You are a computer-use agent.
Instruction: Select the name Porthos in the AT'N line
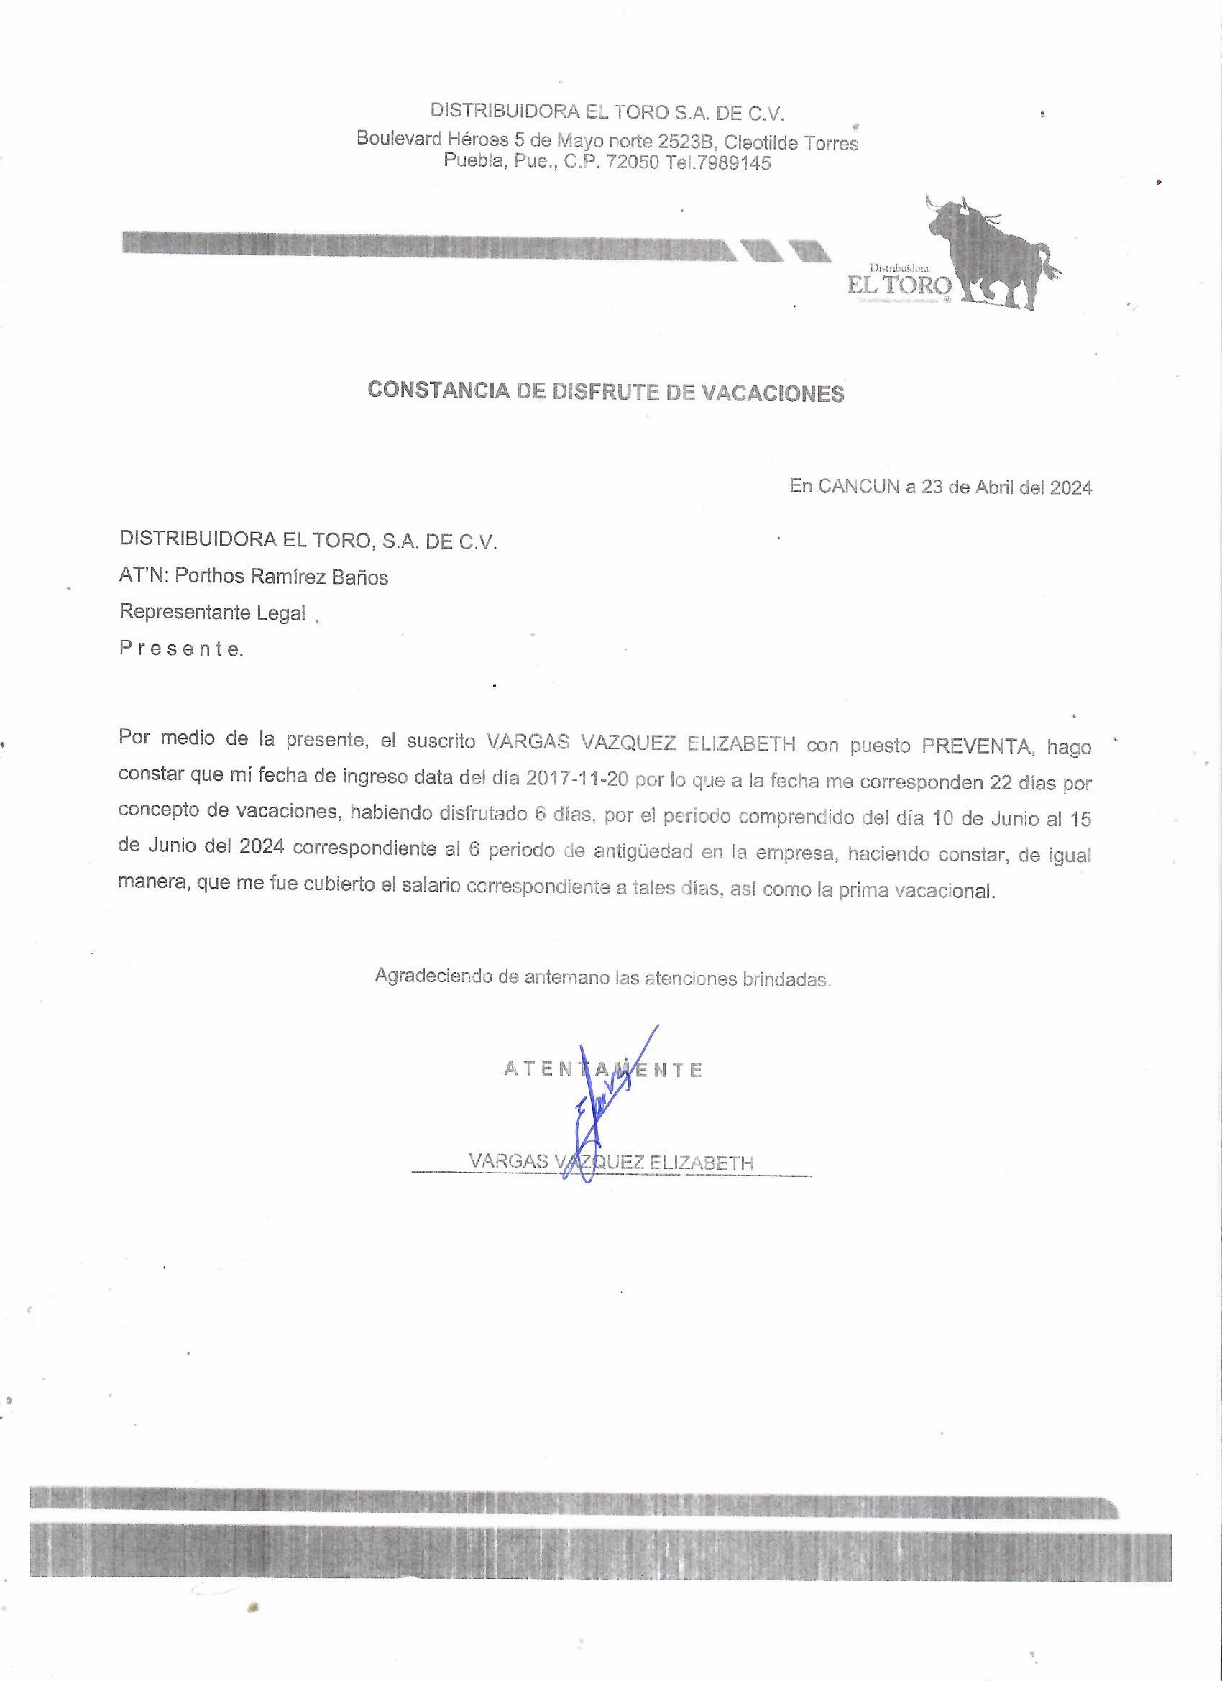(x=208, y=577)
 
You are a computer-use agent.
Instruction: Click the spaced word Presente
(x=180, y=649)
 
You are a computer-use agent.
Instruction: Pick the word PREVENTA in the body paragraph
(x=976, y=745)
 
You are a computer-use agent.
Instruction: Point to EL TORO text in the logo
(x=900, y=285)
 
